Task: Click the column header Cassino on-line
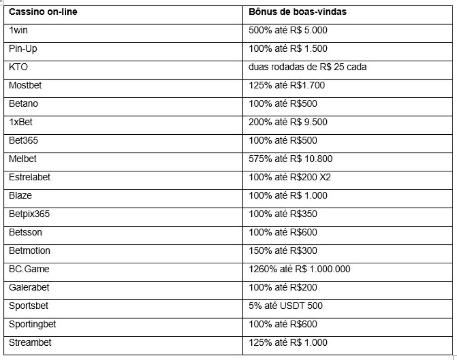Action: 43,12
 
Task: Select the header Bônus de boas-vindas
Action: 297,12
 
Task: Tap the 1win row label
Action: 19,30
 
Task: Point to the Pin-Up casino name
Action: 23,49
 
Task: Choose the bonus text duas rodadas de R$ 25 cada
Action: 307,67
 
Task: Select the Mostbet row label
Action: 25,85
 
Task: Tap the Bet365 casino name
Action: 23,141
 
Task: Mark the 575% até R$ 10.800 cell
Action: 290,159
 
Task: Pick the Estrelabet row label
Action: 29,177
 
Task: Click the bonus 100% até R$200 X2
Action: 290,177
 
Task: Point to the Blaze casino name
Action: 21,195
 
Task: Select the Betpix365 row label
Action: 29,214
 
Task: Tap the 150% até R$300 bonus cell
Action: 283,251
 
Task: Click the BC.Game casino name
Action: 29,269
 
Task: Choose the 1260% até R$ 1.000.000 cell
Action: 299,269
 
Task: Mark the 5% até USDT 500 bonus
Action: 286,306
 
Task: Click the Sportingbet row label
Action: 33,324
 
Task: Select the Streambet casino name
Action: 30,343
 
